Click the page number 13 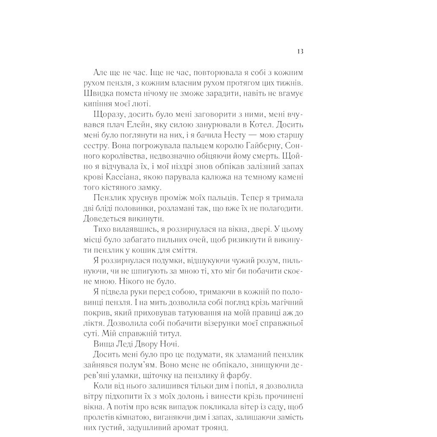(x=300, y=52)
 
